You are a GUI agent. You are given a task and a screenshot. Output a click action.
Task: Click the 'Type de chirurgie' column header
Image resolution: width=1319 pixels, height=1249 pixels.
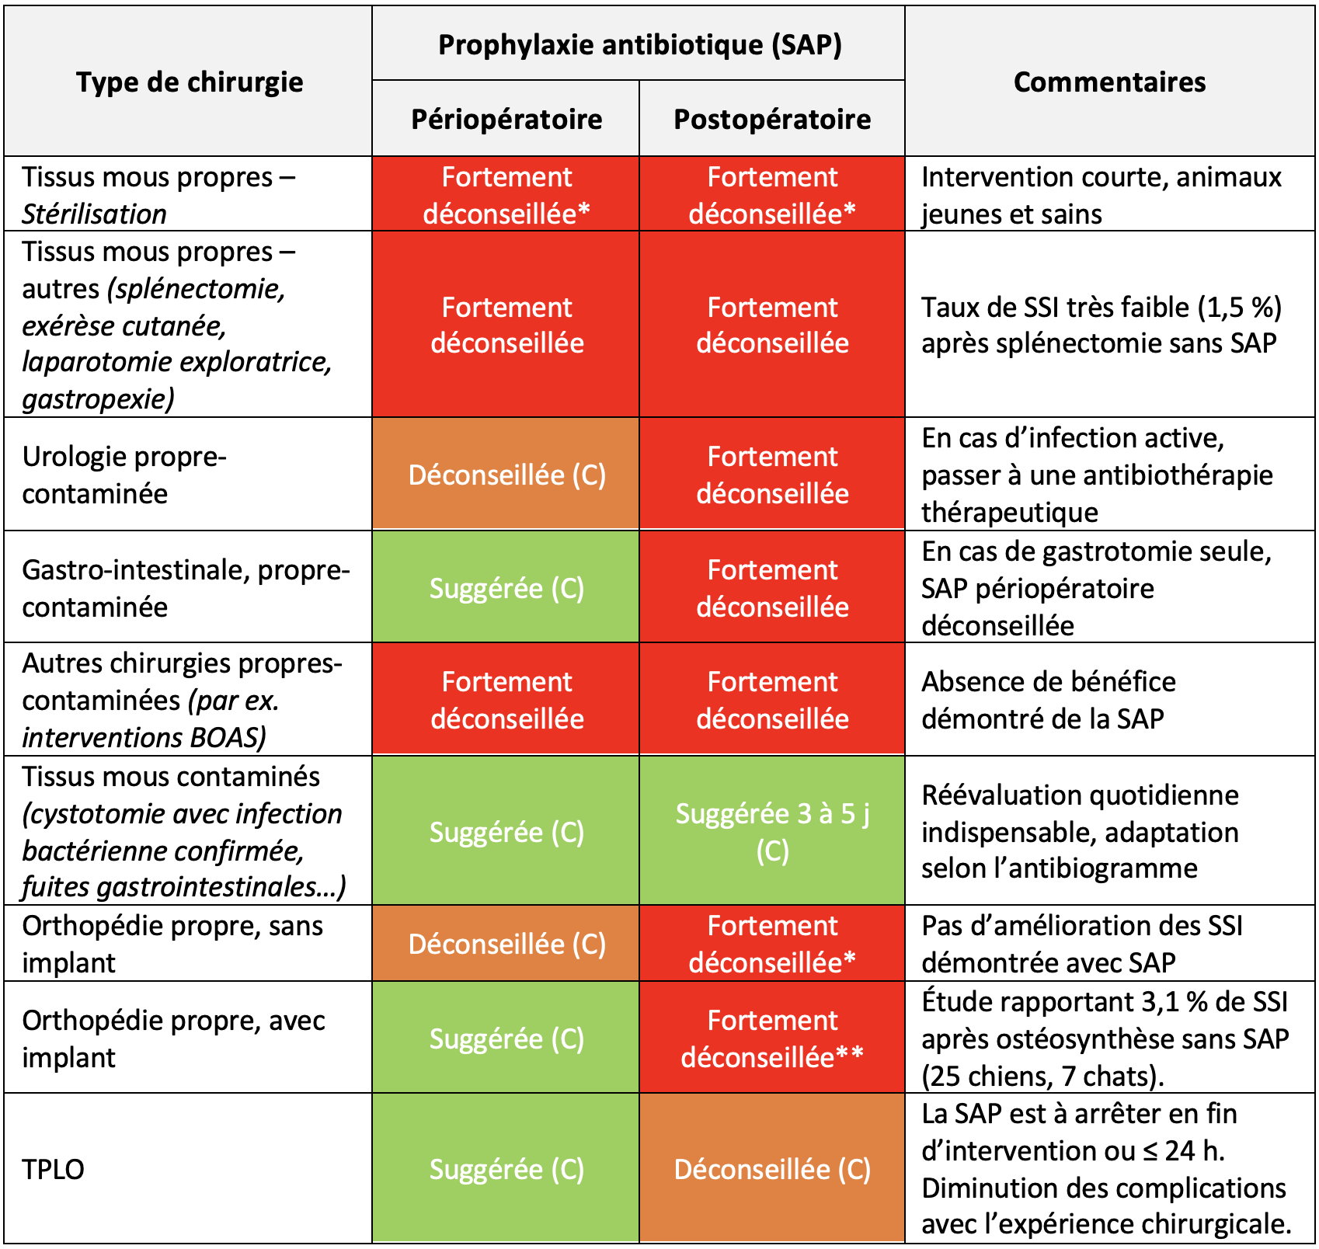coord(190,82)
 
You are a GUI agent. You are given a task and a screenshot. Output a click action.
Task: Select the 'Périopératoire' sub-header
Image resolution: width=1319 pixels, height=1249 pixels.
coord(506,119)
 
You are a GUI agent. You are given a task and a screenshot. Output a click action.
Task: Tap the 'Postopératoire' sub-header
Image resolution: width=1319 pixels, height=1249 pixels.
coord(772,119)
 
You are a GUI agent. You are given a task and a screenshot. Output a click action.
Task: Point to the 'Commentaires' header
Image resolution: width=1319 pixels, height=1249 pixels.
coord(1109,82)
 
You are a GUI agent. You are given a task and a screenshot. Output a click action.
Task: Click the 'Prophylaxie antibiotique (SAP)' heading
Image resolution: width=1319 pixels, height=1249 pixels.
coord(639,44)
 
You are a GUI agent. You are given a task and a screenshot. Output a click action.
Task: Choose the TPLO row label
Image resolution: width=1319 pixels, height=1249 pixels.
coord(53,1168)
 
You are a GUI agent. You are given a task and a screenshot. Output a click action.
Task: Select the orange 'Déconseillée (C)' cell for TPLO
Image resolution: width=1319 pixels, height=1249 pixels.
coord(772,1168)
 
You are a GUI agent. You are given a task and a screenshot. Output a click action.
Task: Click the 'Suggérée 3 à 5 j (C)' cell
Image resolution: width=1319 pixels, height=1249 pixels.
coord(772,831)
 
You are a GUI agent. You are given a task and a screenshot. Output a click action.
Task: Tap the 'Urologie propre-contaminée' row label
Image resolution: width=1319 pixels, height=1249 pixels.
coord(124,475)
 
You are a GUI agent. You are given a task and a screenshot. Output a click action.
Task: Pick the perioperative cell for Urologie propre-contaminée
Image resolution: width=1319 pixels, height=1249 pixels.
coord(506,475)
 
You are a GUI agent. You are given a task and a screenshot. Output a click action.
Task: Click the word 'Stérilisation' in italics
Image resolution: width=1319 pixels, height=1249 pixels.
coord(94,214)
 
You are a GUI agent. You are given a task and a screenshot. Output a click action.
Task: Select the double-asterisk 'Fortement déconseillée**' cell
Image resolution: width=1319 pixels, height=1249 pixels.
coord(772,1039)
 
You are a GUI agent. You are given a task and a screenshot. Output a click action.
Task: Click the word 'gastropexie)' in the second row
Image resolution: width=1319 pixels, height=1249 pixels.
coord(98,399)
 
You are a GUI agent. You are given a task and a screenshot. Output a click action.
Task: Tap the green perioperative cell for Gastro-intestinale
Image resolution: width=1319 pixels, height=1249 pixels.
coord(506,588)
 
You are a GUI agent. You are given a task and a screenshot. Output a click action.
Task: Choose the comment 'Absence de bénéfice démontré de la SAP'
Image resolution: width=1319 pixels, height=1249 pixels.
coord(1048,700)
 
